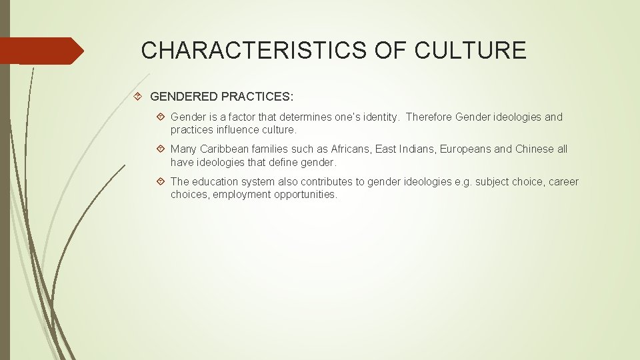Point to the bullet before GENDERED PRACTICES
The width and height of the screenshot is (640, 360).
pyautogui.click(x=137, y=97)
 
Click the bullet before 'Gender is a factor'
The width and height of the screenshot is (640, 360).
pyautogui.click(x=161, y=117)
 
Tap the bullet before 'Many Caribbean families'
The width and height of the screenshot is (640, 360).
pyautogui.click(x=161, y=149)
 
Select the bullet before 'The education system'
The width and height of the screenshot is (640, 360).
pyautogui.click(x=161, y=181)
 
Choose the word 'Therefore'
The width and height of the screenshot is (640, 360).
pyautogui.click(x=429, y=117)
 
